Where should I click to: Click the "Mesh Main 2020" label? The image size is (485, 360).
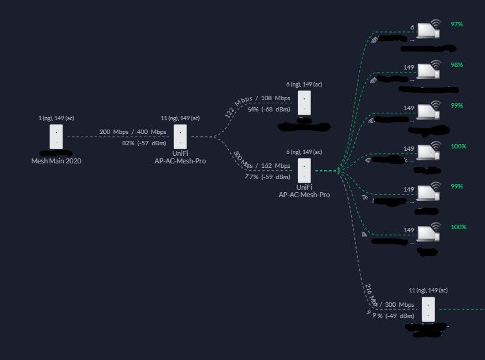56,161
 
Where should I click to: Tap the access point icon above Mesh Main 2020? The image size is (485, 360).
56,136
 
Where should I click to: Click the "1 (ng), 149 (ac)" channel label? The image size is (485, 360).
56,118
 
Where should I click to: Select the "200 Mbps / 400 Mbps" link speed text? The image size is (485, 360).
133,132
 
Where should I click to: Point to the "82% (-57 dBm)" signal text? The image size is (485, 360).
144,143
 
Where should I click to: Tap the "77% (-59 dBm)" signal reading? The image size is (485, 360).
267,177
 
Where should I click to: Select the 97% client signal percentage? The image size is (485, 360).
456,24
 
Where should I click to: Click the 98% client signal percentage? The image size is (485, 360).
456,65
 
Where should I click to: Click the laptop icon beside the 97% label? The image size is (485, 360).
428,30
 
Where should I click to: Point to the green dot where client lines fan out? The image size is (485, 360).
338,170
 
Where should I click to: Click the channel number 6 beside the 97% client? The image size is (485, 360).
412,28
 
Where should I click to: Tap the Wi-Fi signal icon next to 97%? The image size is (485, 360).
436,24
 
